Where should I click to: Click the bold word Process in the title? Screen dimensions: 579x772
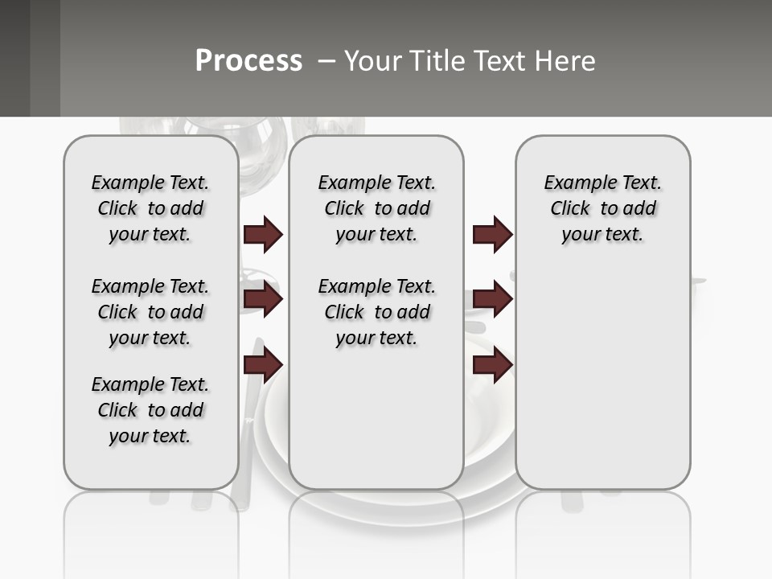click(248, 60)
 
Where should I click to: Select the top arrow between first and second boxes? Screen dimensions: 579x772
click(263, 235)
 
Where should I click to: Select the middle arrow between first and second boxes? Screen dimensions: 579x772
click(263, 299)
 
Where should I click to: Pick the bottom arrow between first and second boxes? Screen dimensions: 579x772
click(263, 366)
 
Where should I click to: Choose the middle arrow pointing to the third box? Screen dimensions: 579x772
click(492, 299)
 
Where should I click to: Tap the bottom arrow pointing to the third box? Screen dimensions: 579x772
click(492, 366)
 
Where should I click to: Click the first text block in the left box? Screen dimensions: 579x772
click(150, 208)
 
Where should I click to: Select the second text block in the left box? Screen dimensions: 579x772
click(150, 312)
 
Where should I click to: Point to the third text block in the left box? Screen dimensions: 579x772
click(150, 410)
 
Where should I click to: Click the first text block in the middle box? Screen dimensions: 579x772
click(376, 208)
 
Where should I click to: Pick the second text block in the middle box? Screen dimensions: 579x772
click(376, 312)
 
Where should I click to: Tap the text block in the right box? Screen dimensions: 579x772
click(602, 208)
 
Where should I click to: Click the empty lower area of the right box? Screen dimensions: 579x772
click(602, 386)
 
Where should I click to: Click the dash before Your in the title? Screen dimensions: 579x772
click(327, 61)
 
